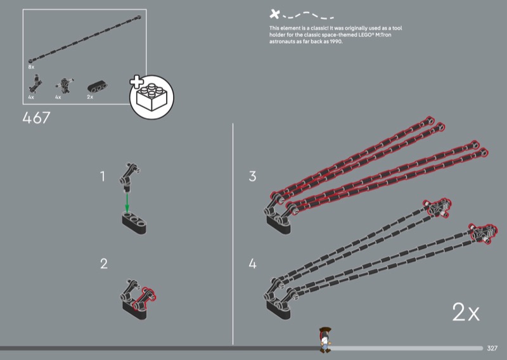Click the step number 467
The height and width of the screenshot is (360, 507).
36,118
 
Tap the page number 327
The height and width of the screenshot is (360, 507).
492,348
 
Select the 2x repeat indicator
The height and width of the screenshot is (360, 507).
466,312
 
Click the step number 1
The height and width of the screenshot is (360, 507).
103,177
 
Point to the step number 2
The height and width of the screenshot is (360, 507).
103,264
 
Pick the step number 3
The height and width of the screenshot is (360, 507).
252,177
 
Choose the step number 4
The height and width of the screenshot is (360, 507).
252,264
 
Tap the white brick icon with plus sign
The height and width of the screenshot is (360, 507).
151,97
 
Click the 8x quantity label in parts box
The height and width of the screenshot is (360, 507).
31,66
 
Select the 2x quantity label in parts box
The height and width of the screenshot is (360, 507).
90,97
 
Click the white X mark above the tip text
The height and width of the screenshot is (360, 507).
274,13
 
